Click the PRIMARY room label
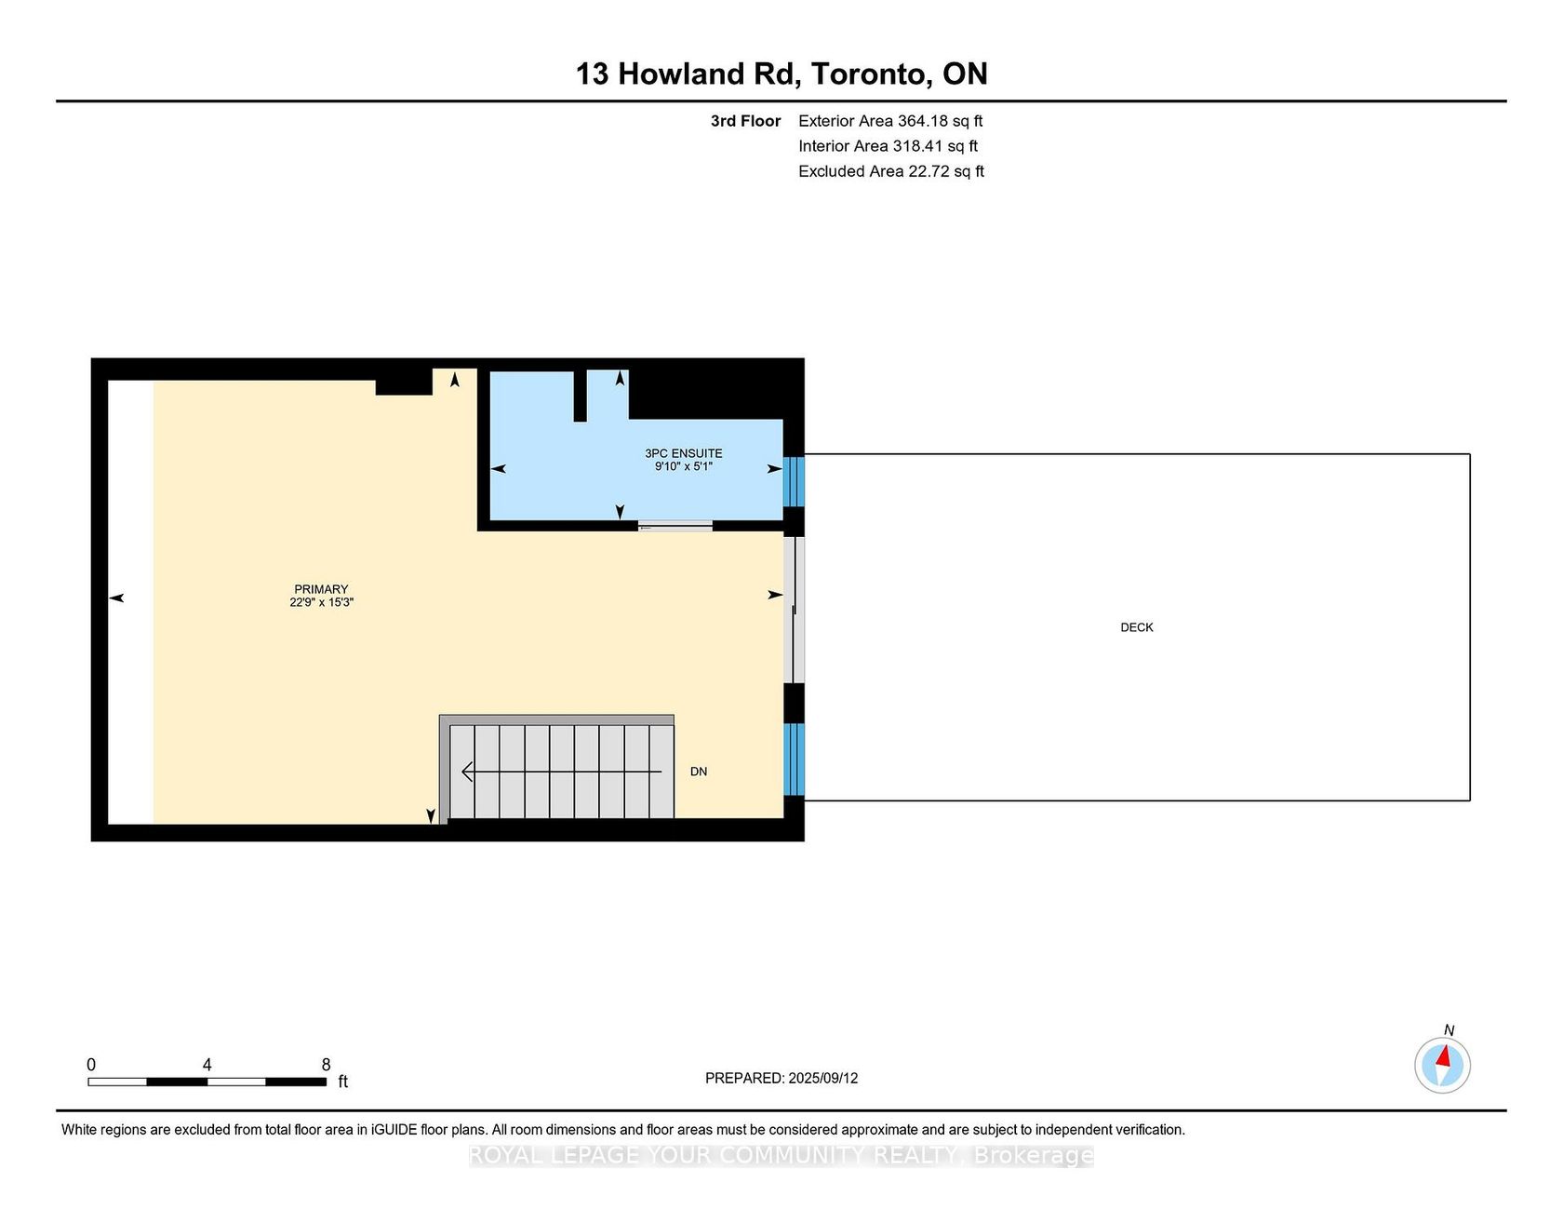tap(321, 589)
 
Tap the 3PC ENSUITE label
tap(684, 453)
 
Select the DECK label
tap(1137, 627)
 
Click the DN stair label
tap(699, 772)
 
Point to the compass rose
tap(1443, 1065)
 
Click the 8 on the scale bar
tap(326, 1065)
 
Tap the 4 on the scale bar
tap(207, 1065)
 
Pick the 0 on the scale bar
tap(91, 1065)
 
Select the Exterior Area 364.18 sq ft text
tap(890, 121)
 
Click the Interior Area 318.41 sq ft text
tap(888, 146)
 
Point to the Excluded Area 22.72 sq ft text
tap(891, 171)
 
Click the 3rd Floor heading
tap(746, 121)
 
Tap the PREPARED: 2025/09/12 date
tap(781, 1078)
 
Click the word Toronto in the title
tap(872, 74)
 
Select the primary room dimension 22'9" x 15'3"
tap(321, 602)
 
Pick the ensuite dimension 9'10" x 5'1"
tap(684, 466)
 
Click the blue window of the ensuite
tap(794, 481)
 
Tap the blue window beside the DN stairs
tap(794, 759)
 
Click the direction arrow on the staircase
tap(562, 772)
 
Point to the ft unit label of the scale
tap(342, 1081)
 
